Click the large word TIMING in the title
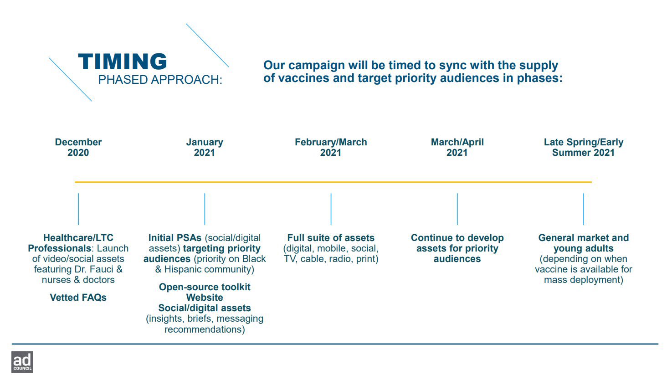pyautogui.click(x=123, y=62)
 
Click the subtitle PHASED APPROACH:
pyautogui.click(x=160, y=80)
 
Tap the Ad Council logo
pyautogui.click(x=22, y=362)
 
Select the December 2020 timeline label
pyautogui.click(x=78, y=147)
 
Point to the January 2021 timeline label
pyautogui.click(x=205, y=147)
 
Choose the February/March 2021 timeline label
pyautogui.click(x=331, y=147)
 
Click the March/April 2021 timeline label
pyautogui.click(x=457, y=147)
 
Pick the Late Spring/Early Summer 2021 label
pyautogui.click(x=584, y=147)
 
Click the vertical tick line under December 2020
pyautogui.click(x=78, y=209)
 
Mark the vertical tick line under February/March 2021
pyautogui.click(x=331, y=209)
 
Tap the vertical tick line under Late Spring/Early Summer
pyautogui.click(x=584, y=209)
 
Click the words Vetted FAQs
pyautogui.click(x=78, y=298)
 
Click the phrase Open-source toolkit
pyautogui.click(x=205, y=287)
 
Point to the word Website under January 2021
pyautogui.click(x=205, y=298)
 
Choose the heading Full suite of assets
pyautogui.click(x=331, y=238)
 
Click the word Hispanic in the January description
pyautogui.click(x=183, y=270)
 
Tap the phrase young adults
pyautogui.click(x=584, y=249)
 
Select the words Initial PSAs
pyautogui.click(x=175, y=238)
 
